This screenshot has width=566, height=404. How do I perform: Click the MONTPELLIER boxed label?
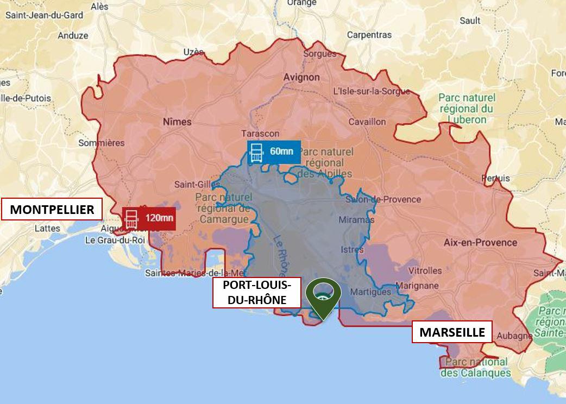tap(52, 209)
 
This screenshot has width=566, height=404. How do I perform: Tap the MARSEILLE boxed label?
tap(452, 332)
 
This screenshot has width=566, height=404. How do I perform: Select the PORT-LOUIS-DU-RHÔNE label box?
tap(256, 293)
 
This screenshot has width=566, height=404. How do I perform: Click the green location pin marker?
tap(323, 297)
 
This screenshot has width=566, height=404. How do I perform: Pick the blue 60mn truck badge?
tap(274, 152)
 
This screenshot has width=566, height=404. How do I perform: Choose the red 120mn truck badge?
tap(149, 219)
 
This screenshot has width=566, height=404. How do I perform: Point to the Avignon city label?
tap(301, 77)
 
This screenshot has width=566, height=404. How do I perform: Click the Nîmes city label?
tap(177, 122)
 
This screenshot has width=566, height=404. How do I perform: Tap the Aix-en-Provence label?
tap(480, 242)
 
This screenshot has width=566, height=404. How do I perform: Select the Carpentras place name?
tap(369, 35)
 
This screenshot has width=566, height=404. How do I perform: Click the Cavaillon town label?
tap(367, 122)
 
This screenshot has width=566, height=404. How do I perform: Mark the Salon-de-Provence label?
tap(383, 199)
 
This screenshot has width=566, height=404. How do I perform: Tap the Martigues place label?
tap(370, 292)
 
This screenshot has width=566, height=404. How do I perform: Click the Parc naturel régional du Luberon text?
tap(467, 109)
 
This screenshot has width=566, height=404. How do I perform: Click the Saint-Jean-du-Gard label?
tap(45, 15)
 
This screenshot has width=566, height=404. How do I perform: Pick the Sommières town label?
tap(101, 143)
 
